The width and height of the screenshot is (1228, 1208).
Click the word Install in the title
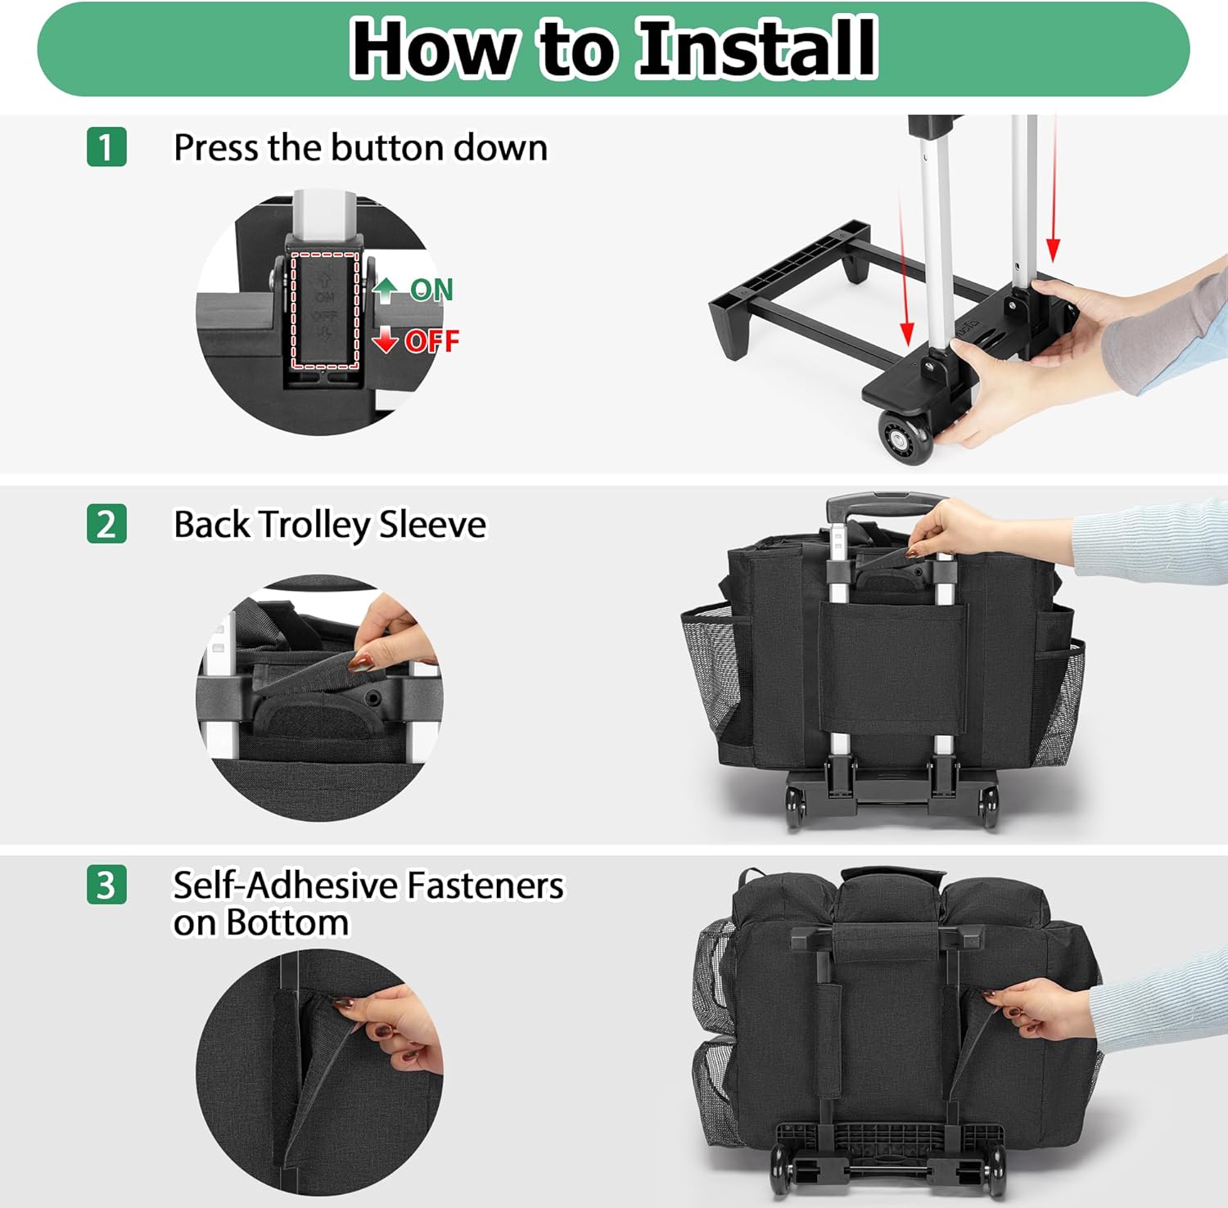(757, 48)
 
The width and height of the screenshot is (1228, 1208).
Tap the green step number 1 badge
(106, 147)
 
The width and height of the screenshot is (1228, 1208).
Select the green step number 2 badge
(106, 524)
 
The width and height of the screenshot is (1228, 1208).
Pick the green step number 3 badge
(106, 885)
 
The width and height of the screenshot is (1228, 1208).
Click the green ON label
(431, 290)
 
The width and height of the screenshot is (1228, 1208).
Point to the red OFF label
(431, 340)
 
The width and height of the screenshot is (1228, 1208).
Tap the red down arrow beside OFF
(386, 340)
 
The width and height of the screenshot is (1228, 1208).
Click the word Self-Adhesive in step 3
(285, 886)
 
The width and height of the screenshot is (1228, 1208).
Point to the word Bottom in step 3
(287, 923)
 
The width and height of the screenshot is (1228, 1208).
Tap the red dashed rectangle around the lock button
(325, 310)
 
